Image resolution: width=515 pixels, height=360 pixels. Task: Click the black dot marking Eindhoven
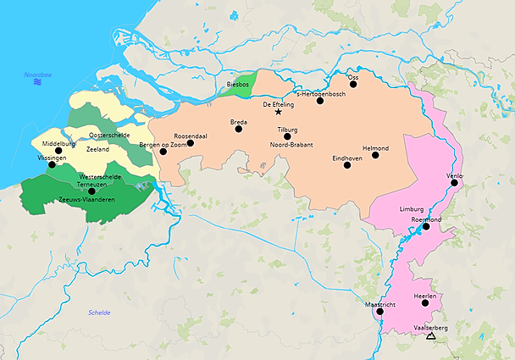click(347, 165)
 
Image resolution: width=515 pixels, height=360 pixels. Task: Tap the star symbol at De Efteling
click(279, 112)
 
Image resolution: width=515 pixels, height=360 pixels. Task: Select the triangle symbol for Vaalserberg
click(431, 336)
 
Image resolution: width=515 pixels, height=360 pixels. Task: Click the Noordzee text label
click(38, 75)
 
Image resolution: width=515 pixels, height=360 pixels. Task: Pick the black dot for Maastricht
click(379, 311)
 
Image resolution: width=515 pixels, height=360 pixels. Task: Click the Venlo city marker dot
click(455, 182)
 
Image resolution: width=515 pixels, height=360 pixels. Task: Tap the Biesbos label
click(239, 85)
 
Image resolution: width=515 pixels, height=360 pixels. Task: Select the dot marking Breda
click(239, 130)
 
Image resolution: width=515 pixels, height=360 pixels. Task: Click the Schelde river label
click(99, 313)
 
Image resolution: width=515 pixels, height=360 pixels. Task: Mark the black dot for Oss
click(354, 85)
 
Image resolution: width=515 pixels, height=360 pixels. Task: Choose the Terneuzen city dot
click(91, 191)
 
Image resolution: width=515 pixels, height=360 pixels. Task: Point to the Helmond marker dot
click(375, 155)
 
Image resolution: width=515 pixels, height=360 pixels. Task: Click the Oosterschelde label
click(108, 135)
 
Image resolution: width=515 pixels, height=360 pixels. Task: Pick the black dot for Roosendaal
click(191, 143)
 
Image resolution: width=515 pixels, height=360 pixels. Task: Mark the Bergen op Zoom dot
click(163, 153)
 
